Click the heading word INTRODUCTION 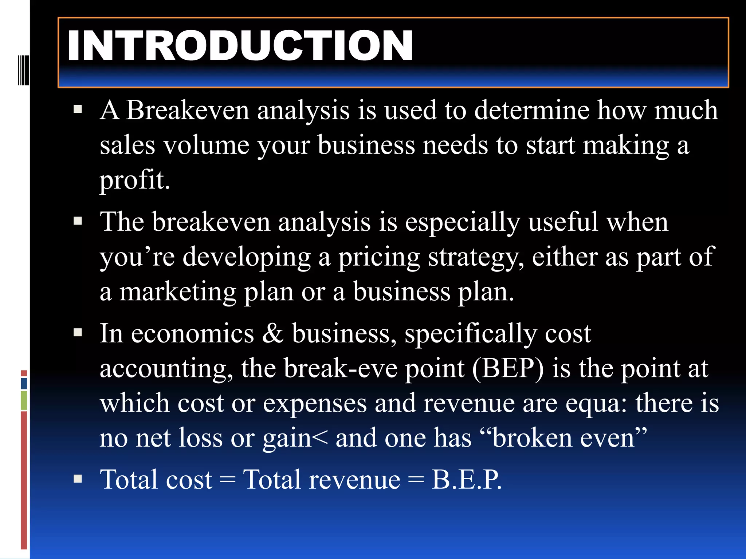240,46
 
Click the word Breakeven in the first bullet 188,110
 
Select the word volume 206,145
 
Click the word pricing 379,257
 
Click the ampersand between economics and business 272,333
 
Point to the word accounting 166,368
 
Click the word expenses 315,403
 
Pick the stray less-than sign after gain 320,438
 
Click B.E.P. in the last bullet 466,479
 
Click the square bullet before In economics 78,332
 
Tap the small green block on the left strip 24,400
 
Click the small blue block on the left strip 24,383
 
